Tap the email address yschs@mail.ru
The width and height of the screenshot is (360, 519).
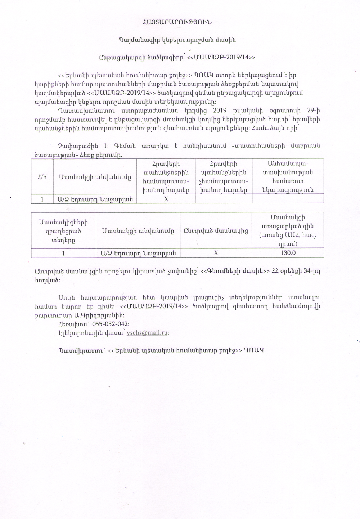(x=147, y=333)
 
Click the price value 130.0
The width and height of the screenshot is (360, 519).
(x=288, y=253)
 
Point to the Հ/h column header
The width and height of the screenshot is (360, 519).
(x=42, y=177)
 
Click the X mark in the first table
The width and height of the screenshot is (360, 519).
(x=166, y=199)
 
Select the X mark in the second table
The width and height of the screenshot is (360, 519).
(x=216, y=253)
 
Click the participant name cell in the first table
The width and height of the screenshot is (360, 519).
(x=95, y=199)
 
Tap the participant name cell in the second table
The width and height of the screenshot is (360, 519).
(x=138, y=253)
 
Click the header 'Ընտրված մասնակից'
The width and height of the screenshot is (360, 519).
(x=216, y=231)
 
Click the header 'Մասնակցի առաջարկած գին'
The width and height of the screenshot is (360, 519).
(x=288, y=231)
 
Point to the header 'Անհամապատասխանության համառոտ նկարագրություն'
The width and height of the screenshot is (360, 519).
(x=288, y=176)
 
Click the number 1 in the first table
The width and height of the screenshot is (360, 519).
(x=42, y=199)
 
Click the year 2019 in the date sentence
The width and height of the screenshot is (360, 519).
(x=220, y=110)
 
